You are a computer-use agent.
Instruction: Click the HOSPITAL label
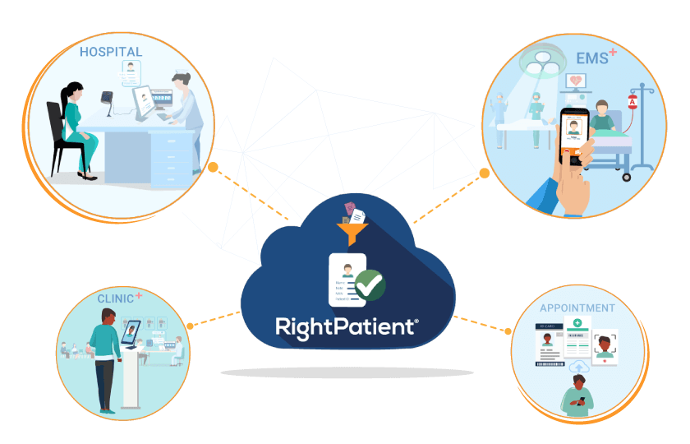111,52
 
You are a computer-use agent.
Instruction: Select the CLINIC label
115,298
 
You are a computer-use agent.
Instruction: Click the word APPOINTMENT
577,308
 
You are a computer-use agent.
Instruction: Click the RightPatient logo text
346,326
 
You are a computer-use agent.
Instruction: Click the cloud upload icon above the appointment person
578,366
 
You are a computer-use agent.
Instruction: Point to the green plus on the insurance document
577,323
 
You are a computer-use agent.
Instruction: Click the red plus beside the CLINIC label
139,294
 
